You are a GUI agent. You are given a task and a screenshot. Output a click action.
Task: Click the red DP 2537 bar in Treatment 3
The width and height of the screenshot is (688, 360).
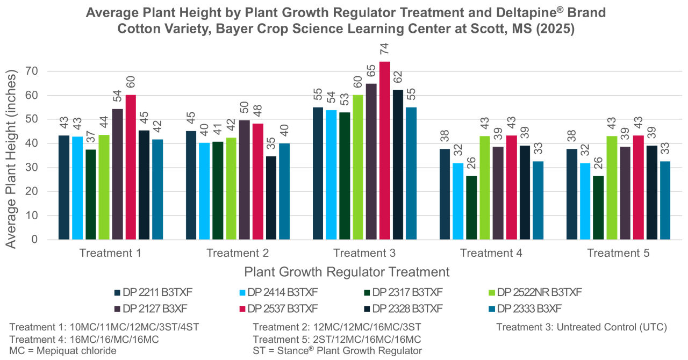pyautogui.click(x=385, y=150)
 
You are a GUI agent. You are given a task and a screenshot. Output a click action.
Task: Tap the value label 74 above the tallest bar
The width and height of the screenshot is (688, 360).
pyautogui.click(x=385, y=52)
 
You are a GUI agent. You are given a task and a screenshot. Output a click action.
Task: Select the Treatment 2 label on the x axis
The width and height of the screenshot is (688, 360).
pyautogui.click(x=238, y=254)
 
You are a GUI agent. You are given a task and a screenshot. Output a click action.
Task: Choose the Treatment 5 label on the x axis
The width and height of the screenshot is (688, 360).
pyautogui.click(x=618, y=254)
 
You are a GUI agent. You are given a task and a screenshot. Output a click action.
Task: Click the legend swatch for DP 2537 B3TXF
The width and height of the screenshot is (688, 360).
pyautogui.click(x=242, y=308)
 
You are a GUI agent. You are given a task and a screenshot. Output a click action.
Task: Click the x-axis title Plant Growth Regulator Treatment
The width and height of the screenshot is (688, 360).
pyautogui.click(x=347, y=271)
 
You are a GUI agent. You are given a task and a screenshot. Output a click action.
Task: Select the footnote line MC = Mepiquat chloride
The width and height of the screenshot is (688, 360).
pyautogui.click(x=63, y=351)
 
